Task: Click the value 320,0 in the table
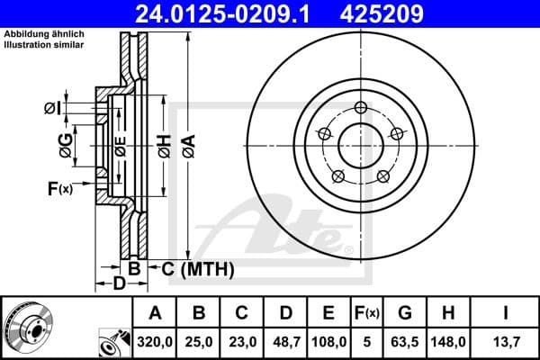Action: pyautogui.click(x=156, y=342)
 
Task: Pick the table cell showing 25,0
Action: pyautogui.click(x=200, y=342)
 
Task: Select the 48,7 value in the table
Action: pyautogui.click(x=286, y=342)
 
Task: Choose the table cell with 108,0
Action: pyautogui.click(x=329, y=342)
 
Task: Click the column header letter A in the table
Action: pyautogui.click(x=156, y=313)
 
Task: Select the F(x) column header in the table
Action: pyautogui.click(x=368, y=313)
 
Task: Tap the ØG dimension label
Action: pyautogui.click(x=66, y=145)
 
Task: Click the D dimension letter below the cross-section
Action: pyautogui.click(x=118, y=284)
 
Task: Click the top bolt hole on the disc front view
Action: pyautogui.click(x=361, y=109)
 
